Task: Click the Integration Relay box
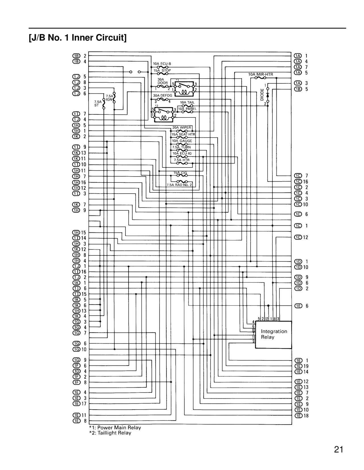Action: coord(274,334)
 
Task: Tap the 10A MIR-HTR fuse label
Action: coord(260,74)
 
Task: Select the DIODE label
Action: coord(262,94)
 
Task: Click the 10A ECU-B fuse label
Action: coord(162,64)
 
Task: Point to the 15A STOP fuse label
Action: coord(162,70)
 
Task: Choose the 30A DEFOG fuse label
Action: coord(162,96)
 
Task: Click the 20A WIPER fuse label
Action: coord(182,128)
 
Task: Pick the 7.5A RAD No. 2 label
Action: coord(179,185)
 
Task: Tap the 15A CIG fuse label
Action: coord(180,173)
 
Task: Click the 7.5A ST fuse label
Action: coord(98,103)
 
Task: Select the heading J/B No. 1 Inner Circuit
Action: coord(78,38)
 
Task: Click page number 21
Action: coord(338,450)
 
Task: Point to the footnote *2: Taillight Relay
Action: coord(110,433)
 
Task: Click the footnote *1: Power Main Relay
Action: coord(115,427)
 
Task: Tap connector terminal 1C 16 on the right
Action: coord(301,182)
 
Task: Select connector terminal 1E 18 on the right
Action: coord(301,416)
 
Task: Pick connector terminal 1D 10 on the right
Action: coord(301,267)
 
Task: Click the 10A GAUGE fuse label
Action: coord(182,141)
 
